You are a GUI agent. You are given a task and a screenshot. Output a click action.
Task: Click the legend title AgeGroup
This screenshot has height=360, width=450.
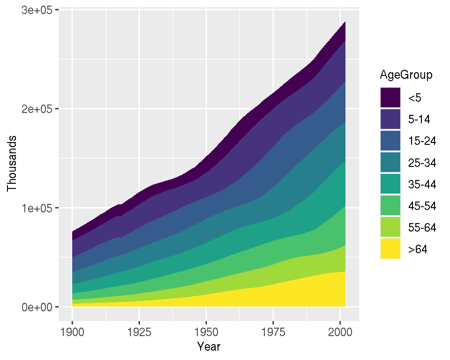pyautogui.click(x=406, y=75)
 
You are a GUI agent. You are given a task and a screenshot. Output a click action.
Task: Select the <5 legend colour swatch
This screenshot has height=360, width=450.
pyautogui.click(x=390, y=98)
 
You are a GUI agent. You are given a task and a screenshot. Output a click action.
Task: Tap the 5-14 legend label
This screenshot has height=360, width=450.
pyautogui.click(x=419, y=120)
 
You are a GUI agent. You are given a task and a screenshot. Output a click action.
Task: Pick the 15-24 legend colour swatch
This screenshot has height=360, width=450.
pyautogui.click(x=390, y=141)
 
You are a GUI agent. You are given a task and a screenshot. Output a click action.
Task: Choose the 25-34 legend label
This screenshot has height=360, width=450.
pyautogui.click(x=422, y=163)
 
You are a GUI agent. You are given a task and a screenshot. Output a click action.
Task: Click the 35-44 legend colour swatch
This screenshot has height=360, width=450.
pyautogui.click(x=390, y=184)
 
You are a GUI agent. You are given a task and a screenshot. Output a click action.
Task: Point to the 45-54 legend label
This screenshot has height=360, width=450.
pyautogui.click(x=422, y=206)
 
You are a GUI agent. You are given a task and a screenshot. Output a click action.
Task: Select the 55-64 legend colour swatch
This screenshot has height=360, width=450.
pyautogui.click(x=390, y=227)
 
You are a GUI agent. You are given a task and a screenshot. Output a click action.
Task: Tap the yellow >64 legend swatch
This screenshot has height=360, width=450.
pyautogui.click(x=390, y=249)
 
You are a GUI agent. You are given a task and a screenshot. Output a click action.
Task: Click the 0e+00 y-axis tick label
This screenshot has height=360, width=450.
pyautogui.click(x=37, y=307)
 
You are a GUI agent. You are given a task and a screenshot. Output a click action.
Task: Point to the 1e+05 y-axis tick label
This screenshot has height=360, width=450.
pyautogui.click(x=37, y=208)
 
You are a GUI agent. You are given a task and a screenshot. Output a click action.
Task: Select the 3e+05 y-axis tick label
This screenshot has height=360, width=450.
pyautogui.click(x=37, y=10)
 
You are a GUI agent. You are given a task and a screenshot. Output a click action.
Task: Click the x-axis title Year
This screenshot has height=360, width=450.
pyautogui.click(x=209, y=347)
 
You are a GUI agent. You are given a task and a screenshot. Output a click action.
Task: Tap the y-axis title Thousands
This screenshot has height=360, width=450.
pyautogui.click(x=12, y=164)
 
